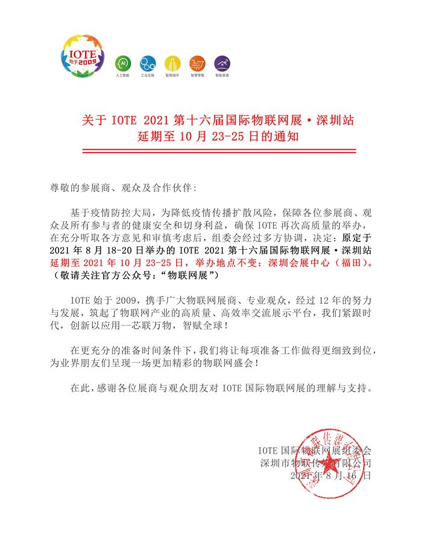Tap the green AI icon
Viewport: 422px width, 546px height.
coord(122,63)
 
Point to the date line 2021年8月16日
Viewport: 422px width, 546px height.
coord(330,476)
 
